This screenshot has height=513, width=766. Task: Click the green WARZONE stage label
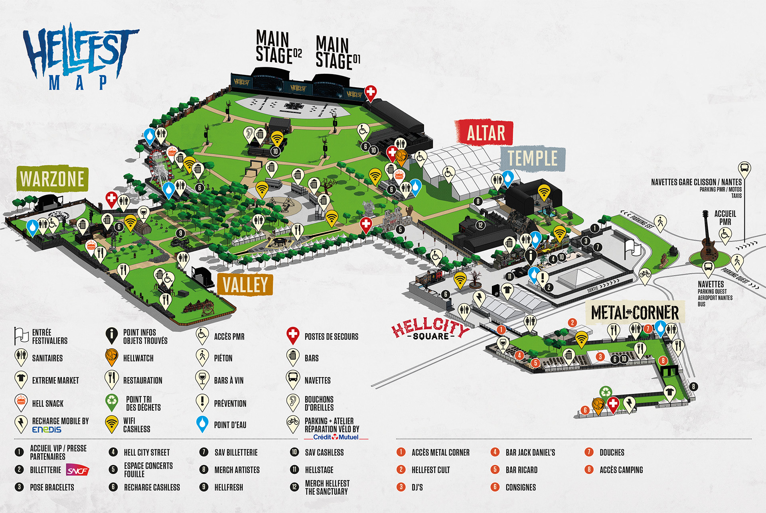pyautogui.click(x=52, y=179)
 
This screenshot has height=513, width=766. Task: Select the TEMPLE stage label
pyautogui.click(x=532, y=158)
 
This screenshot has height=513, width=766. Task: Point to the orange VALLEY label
pyautogui.click(x=245, y=285)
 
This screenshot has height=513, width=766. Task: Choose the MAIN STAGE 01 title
pyautogui.click(x=338, y=53)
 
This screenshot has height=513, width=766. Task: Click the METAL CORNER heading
pyautogui.click(x=634, y=313)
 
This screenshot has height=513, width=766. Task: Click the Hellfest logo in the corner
pyautogui.click(x=80, y=56)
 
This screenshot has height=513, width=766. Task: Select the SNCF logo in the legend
pyautogui.click(x=77, y=470)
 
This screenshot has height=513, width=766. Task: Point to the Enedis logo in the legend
pyautogui.click(x=47, y=430)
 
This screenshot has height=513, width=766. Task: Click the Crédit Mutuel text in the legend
pyautogui.click(x=336, y=437)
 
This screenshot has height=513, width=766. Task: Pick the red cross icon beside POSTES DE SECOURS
pyautogui.click(x=293, y=335)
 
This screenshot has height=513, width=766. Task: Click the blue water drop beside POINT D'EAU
pyautogui.click(x=203, y=423)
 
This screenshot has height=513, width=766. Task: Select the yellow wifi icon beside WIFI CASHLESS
pyautogui.click(x=112, y=423)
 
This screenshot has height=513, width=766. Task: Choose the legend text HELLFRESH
pyautogui.click(x=229, y=487)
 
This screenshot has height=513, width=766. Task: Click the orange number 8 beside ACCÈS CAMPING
pyautogui.click(x=589, y=470)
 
